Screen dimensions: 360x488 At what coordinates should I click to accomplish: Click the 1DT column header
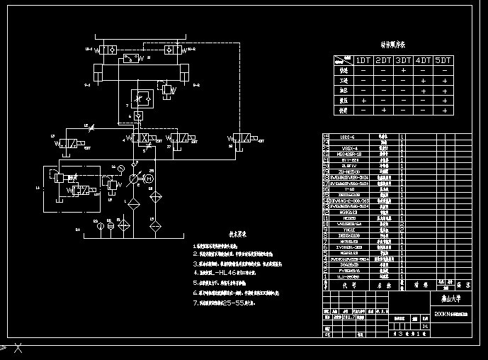363,60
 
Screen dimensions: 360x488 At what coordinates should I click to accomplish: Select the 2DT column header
383,60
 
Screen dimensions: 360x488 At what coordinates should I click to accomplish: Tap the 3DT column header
404,60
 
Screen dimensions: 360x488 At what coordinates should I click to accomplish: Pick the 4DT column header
424,60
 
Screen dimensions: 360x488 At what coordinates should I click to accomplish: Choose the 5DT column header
443,60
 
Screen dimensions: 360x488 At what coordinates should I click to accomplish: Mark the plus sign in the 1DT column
363,101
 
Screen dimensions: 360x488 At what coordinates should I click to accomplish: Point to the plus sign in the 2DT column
383,111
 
